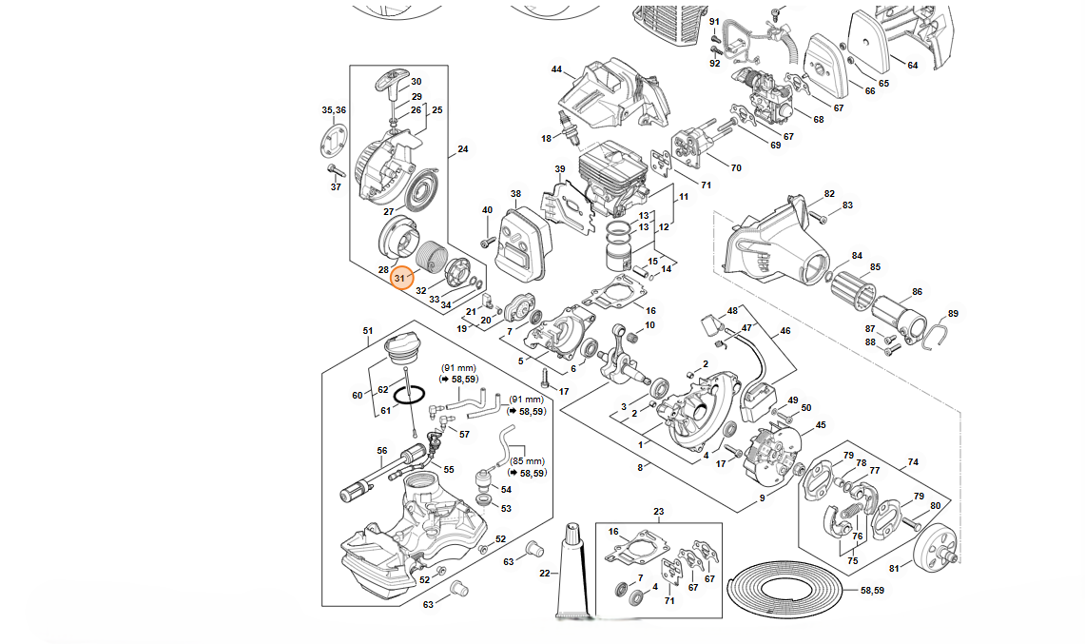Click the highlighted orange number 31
pos(401,279)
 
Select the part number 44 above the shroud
pos(556,69)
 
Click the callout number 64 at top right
pos(912,66)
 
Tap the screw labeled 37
pos(334,170)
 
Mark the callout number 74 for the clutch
pos(913,462)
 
